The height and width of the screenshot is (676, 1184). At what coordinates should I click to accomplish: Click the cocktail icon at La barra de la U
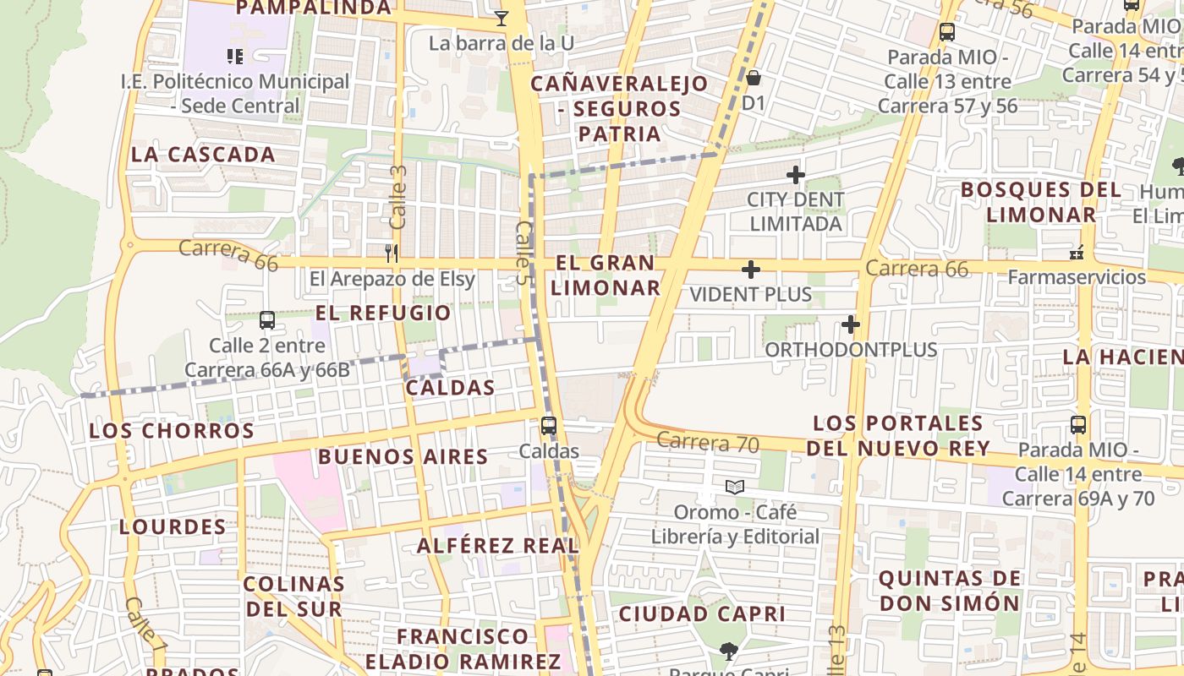502,18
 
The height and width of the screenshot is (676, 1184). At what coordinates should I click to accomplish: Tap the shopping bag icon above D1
753,79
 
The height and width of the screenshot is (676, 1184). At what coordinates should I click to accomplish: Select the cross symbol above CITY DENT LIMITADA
795,175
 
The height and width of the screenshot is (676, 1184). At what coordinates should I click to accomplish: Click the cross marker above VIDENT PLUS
750,270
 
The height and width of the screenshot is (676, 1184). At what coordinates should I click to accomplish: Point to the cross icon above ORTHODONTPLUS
850,324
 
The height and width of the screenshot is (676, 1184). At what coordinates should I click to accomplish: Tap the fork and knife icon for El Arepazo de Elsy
391,253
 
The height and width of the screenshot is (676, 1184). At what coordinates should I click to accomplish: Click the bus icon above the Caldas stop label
549,426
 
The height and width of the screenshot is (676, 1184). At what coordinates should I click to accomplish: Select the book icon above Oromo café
734,488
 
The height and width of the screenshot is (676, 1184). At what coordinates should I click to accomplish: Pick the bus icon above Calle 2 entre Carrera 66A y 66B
266,320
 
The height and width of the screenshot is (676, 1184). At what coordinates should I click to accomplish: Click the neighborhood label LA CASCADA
203,155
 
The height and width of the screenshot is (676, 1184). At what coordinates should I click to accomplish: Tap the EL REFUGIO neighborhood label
383,313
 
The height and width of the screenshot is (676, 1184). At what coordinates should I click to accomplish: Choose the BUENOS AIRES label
403,457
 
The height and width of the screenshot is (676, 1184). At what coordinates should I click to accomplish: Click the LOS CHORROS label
172,431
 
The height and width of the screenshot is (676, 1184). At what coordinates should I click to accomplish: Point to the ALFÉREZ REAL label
497,546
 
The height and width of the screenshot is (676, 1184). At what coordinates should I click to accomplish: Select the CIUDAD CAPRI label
702,614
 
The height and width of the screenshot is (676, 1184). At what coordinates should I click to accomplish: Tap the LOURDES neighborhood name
173,527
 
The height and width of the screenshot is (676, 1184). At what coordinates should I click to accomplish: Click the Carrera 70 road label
707,442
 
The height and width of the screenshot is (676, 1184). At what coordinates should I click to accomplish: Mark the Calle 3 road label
398,197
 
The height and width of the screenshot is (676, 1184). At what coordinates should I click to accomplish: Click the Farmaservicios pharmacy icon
1077,252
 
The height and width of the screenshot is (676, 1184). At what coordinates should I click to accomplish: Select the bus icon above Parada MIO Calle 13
946,33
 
